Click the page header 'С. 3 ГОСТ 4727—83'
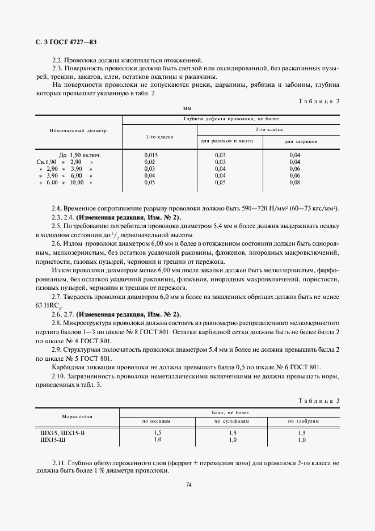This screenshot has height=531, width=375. coord(60,43)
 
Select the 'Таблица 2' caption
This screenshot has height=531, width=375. coord(318,100)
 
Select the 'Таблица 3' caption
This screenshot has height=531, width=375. coord(318,401)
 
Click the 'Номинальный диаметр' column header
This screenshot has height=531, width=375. coord(78,130)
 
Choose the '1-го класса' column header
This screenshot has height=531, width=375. coord(159,137)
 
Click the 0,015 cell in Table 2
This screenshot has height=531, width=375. coord(150,155)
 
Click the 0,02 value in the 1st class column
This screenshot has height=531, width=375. coord(150,162)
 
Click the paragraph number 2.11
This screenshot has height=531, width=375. coord(60,463)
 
